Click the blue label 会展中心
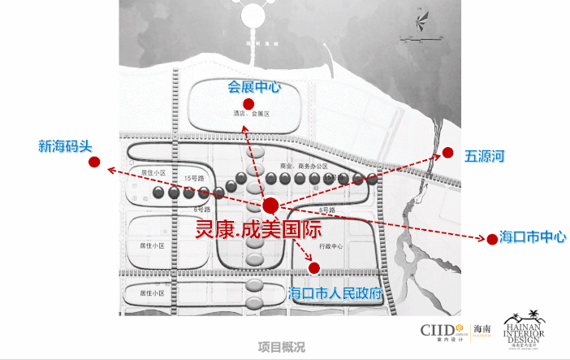254,86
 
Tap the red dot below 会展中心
248,104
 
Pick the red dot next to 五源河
447,152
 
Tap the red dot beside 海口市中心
490,239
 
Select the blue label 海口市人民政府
335,293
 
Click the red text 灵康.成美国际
259,229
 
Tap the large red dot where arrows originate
270,206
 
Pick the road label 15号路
192,177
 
